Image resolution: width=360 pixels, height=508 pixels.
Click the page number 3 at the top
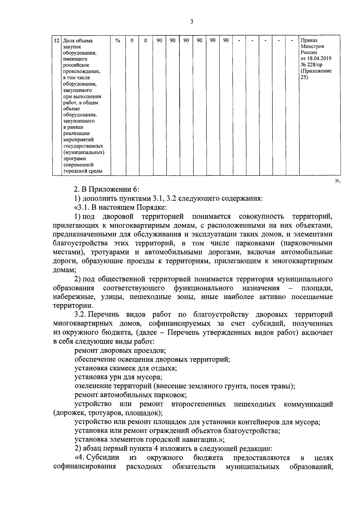192,22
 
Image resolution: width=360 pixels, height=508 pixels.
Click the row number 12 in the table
56,40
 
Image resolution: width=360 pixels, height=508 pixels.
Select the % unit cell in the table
118,40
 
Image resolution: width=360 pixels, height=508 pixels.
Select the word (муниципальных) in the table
84,152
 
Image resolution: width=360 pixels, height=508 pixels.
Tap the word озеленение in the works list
92,386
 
